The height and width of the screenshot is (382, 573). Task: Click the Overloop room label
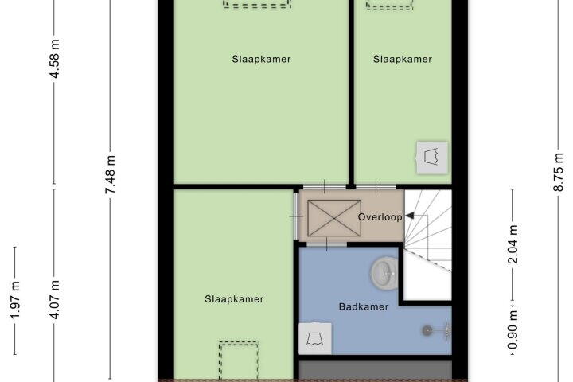pos(377,216)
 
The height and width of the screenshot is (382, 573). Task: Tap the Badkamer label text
pos(364,306)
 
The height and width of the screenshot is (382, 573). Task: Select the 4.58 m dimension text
pos(55,58)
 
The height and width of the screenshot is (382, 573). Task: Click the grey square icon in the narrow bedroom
pos(432,155)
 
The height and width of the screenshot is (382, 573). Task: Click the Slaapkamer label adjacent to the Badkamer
pos(233,299)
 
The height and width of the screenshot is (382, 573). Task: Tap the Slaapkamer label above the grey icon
pos(402,59)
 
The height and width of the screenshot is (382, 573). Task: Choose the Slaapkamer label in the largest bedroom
pos(261,59)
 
